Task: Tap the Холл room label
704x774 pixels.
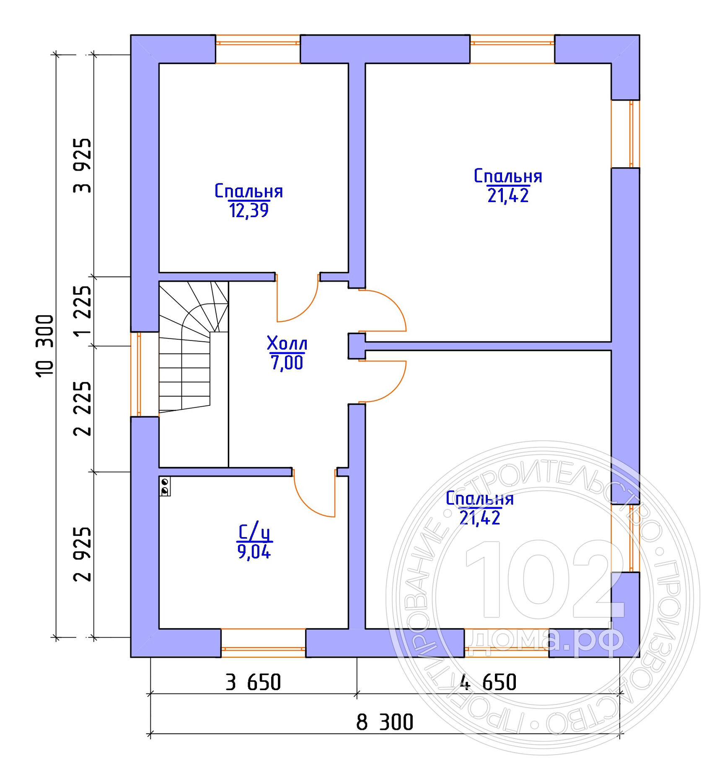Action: tap(287, 343)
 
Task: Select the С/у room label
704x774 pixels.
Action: tap(254, 532)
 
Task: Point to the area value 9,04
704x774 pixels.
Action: tap(254, 552)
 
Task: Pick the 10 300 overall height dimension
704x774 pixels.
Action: tap(45, 346)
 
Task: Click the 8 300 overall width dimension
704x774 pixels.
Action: tap(385, 722)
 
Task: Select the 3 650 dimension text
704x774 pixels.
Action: tap(253, 682)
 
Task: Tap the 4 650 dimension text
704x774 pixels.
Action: tap(488, 682)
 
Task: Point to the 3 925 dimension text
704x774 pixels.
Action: tap(82, 165)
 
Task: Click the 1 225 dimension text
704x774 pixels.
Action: tap(82, 311)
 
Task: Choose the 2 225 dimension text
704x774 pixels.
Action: tap(82, 408)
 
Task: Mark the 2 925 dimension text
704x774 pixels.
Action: tap(82, 554)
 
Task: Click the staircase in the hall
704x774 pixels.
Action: tap(193, 346)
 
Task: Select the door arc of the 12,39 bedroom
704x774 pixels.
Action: tap(306, 310)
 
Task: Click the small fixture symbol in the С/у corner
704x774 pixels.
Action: tap(165, 486)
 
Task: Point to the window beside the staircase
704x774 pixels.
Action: tap(136, 374)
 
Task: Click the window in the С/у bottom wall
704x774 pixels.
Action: tap(263, 643)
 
